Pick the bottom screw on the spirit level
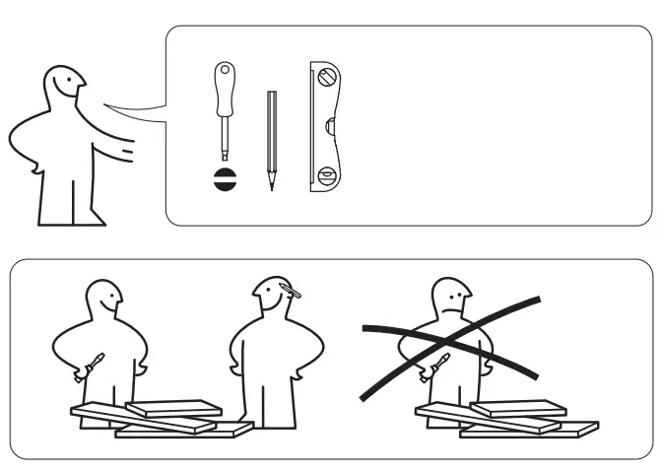pyautogui.click(x=327, y=178)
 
